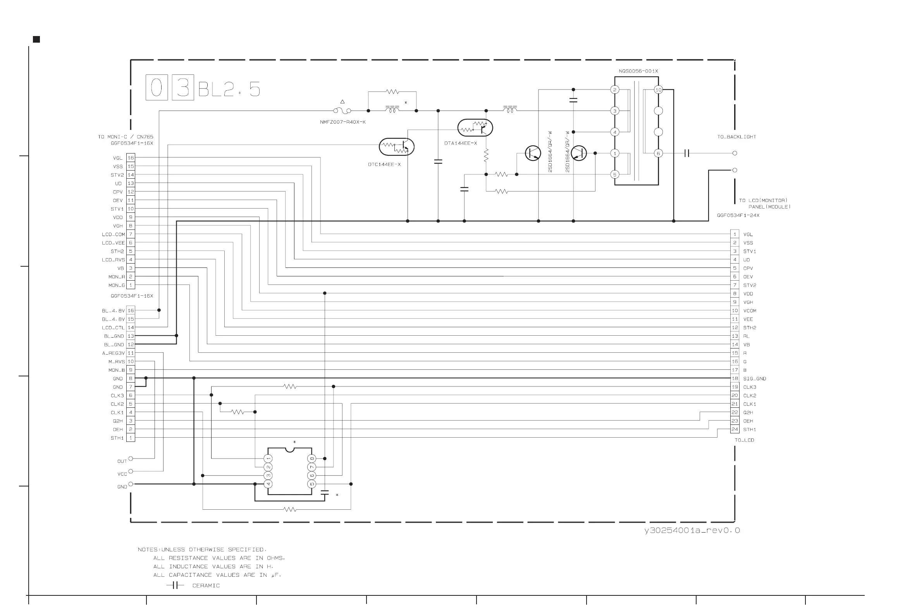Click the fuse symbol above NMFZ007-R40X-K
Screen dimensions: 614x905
[x=342, y=110]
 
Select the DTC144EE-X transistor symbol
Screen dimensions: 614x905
[x=396, y=147]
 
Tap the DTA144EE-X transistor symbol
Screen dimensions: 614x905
[x=475, y=128]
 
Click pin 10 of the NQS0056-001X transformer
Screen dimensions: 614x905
[x=658, y=90]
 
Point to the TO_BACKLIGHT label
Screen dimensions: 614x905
[x=736, y=137]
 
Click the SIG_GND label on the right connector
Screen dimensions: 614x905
[x=754, y=379]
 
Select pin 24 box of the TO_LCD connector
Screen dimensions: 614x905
[x=735, y=429]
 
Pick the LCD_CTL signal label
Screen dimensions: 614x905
[x=113, y=328]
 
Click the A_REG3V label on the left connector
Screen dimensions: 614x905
[x=114, y=354]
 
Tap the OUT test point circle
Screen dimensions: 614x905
[x=131, y=459]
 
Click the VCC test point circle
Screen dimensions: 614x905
[x=131, y=471]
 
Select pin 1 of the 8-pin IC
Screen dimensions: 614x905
[x=268, y=459]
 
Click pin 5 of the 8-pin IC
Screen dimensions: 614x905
[x=311, y=484]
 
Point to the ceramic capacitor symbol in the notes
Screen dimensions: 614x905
[x=175, y=585]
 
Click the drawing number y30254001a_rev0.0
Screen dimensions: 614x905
[x=692, y=530]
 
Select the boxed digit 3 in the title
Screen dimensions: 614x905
[x=182, y=88]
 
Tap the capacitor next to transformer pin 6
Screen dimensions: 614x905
[x=686, y=153]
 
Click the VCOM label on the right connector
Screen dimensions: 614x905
[x=750, y=311]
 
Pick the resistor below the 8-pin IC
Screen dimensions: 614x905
[x=290, y=509]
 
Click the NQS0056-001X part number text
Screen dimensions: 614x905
[x=638, y=71]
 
